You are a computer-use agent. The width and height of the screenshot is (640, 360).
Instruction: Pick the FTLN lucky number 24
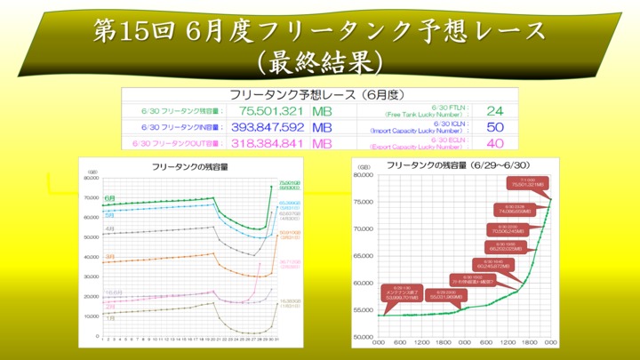click(495, 111)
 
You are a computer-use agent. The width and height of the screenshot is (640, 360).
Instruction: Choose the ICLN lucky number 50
click(495, 127)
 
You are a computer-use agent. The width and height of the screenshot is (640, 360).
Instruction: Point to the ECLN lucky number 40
click(495, 143)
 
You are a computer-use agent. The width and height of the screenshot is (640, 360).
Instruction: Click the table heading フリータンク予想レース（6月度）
click(317, 94)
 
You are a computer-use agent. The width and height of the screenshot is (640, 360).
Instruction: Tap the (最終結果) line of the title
click(319, 63)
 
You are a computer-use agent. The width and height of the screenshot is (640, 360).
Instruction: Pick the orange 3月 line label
click(109, 256)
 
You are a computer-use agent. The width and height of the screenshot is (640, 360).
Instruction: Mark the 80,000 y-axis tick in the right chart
click(364, 175)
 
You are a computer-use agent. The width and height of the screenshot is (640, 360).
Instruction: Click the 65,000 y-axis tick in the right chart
click(364, 256)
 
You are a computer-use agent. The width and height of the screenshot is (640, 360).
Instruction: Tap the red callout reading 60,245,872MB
click(494, 263)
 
